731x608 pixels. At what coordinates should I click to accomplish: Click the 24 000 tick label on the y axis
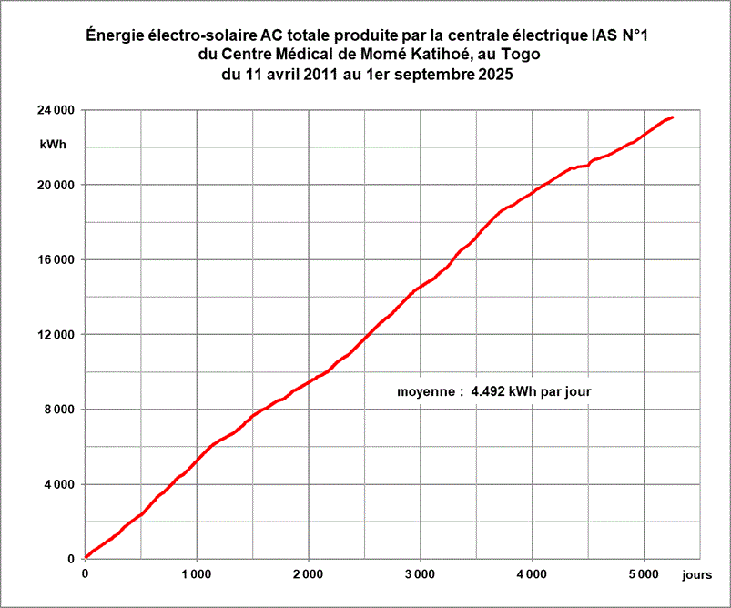56,110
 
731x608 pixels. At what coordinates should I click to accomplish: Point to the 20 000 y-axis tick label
56,185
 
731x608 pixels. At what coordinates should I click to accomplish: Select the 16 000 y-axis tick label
56,259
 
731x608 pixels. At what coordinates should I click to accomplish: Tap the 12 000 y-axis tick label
56,335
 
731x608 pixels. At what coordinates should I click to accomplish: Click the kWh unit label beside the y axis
53,145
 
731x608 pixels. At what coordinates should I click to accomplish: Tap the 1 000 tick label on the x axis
197,574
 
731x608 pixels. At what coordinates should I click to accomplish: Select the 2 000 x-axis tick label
309,574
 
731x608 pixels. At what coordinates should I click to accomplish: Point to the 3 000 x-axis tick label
421,574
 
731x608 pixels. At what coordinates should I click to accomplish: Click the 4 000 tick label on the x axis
533,574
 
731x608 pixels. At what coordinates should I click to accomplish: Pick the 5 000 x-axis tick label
644,574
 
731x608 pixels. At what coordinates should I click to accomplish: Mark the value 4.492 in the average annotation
490,392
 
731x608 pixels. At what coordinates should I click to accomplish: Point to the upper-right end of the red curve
672,117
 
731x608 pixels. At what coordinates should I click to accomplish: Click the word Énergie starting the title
115,36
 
